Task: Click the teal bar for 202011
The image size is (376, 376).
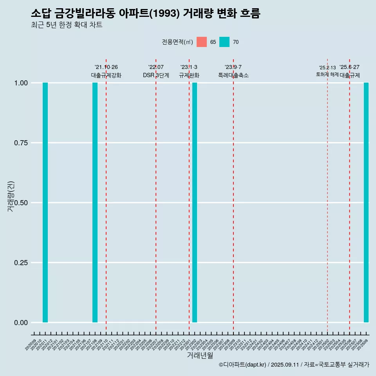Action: click(45, 202)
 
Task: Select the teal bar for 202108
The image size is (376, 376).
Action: click(95, 202)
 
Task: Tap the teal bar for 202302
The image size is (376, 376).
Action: click(195, 202)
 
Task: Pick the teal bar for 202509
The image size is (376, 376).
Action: click(366, 202)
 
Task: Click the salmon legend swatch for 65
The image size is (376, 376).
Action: click(202, 42)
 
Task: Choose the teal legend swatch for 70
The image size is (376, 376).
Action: click(224, 42)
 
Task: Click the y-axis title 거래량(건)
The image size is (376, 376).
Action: click(11, 196)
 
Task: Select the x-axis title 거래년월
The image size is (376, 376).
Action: click(200, 356)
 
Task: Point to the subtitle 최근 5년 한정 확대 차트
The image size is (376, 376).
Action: click(67, 25)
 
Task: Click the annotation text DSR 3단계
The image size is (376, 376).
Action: click(156, 75)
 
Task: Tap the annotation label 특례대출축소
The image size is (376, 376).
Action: click(233, 75)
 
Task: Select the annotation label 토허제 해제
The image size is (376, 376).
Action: click(327, 74)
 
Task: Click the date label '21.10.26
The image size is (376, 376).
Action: click(106, 67)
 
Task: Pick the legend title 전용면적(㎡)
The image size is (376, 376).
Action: click(177, 42)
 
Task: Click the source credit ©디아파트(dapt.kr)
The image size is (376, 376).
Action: click(242, 365)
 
